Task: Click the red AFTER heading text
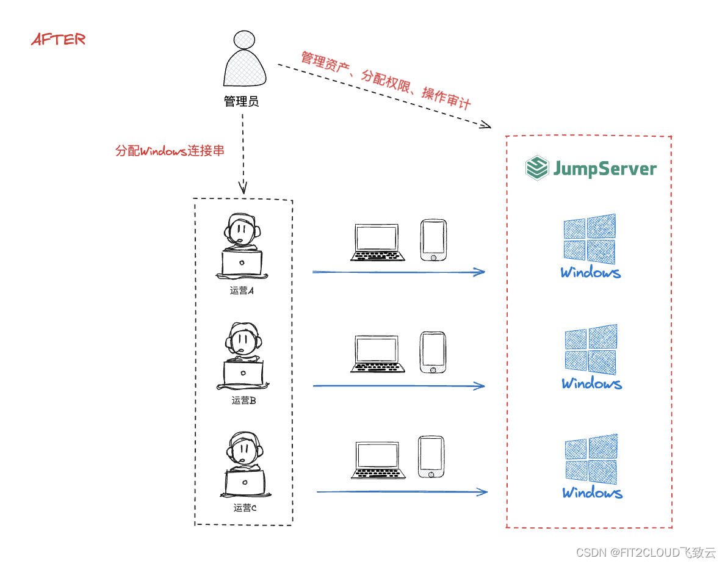(58, 40)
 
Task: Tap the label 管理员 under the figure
(242, 101)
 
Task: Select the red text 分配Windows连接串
(170, 151)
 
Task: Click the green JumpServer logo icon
(537, 168)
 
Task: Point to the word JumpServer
(605, 168)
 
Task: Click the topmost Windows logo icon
(590, 239)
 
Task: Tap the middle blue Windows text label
(592, 384)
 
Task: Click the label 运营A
(242, 291)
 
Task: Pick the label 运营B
(243, 401)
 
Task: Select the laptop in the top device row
(378, 242)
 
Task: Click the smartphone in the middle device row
(433, 352)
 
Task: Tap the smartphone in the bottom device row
(431, 457)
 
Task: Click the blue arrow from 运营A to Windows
(397, 272)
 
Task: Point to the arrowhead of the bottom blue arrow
(483, 492)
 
